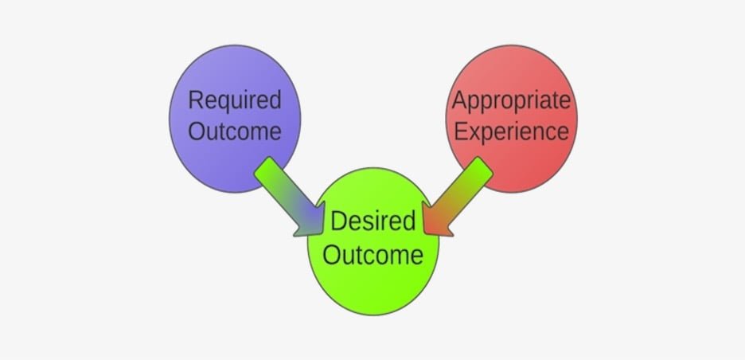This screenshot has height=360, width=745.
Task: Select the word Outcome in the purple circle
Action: [235, 131]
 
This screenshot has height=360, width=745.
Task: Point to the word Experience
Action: [511, 132]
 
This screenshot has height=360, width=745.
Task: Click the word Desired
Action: [373, 221]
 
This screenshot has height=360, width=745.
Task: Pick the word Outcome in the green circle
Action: [373, 255]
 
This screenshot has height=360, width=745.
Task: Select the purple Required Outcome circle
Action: [235, 119]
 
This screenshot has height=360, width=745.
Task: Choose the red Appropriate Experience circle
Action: [511, 119]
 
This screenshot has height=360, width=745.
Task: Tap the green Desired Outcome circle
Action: [373, 241]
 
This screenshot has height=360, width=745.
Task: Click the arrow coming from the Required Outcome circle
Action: [290, 197]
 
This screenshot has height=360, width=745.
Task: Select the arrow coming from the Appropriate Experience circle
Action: [457, 197]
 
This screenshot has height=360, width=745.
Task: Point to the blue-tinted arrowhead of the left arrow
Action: [311, 221]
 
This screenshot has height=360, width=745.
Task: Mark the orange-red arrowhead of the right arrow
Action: [435, 221]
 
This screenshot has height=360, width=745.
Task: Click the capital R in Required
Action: [196, 100]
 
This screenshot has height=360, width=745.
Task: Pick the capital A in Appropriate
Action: [460, 100]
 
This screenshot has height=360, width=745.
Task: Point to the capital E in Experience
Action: [460, 131]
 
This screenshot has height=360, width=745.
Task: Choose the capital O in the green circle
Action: [331, 255]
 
